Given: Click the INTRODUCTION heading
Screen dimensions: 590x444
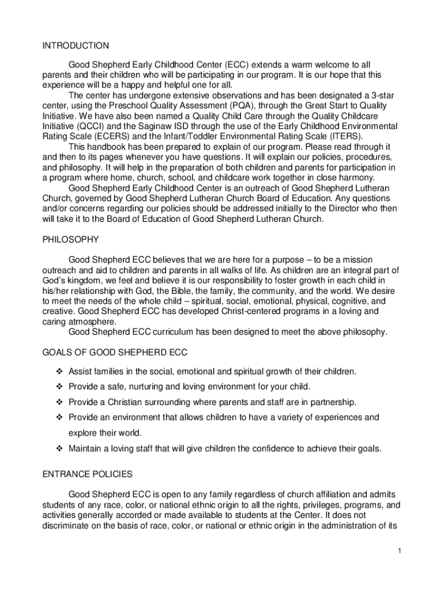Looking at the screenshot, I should [x=76, y=46].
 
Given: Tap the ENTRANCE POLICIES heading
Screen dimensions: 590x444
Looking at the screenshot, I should [x=88, y=474].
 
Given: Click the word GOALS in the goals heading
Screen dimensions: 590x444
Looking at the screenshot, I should [x=57, y=352].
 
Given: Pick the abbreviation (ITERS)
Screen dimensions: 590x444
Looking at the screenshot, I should [x=344, y=137].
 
